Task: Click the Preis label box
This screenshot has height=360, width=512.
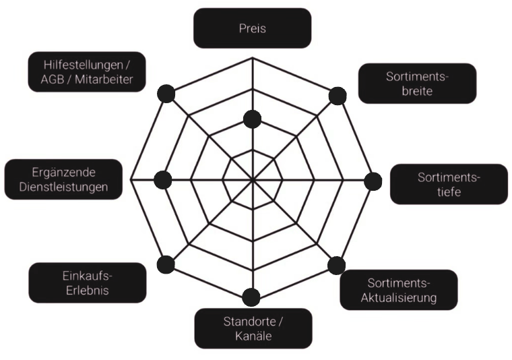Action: tap(252, 28)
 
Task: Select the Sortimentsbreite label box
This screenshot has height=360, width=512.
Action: tap(417, 84)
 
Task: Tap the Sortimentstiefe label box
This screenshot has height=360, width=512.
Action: tap(449, 184)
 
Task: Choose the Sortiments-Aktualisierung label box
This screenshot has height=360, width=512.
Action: tap(398, 290)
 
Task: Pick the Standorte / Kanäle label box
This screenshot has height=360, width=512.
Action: tap(253, 328)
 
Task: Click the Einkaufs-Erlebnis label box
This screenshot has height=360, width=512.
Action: tap(87, 283)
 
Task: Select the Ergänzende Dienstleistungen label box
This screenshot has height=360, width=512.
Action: tap(64, 179)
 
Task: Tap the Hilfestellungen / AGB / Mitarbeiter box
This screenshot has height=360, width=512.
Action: tap(87, 72)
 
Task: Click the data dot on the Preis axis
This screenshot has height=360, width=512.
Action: tap(252, 119)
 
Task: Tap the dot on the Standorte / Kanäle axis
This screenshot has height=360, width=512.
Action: tap(251, 297)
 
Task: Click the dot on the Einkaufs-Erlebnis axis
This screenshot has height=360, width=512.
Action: tap(166, 265)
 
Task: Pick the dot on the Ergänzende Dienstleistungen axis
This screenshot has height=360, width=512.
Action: tap(162, 180)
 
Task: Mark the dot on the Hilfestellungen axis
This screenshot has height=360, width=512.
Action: tap(166, 94)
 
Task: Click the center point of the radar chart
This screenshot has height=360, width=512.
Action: tap(252, 180)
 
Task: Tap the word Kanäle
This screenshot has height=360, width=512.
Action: tap(253, 336)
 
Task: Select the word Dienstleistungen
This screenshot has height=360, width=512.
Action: tap(64, 187)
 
